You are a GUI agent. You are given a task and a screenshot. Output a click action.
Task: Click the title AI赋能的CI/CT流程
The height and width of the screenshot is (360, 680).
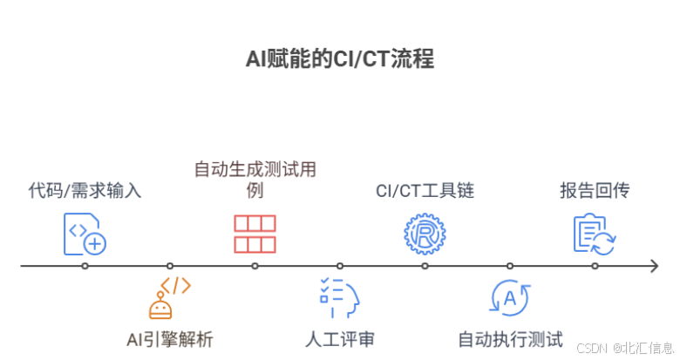340,60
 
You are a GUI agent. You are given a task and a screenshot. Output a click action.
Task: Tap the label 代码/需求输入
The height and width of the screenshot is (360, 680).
85,190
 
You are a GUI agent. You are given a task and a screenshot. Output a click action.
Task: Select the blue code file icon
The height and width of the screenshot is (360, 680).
85,234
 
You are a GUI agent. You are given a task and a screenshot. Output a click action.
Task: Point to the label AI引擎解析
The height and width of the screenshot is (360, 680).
169,339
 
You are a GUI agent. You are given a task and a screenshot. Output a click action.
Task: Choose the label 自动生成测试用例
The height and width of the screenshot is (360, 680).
255,179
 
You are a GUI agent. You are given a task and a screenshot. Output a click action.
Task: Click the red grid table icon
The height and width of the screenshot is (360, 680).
255,234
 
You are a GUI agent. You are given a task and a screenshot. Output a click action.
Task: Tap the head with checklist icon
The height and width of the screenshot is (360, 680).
339,297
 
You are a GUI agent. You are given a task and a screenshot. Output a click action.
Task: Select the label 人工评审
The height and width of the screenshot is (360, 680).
339,339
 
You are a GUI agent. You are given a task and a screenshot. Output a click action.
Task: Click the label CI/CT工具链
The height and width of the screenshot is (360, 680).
425,190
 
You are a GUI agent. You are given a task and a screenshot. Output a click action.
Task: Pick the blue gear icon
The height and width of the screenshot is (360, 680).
425,234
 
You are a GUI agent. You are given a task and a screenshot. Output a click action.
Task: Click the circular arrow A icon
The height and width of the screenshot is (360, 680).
509,297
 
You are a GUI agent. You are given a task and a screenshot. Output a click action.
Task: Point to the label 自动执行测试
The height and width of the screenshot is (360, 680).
511,339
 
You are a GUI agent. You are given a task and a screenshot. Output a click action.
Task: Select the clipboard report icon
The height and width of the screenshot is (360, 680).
594,234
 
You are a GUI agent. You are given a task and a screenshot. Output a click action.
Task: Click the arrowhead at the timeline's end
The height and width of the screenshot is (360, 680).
653,266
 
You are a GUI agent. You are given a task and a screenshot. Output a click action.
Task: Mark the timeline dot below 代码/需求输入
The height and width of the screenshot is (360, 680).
85,266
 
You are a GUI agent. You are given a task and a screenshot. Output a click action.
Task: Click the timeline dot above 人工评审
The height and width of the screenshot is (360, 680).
340,266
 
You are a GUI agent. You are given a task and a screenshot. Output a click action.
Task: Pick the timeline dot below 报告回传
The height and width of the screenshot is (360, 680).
595,266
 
